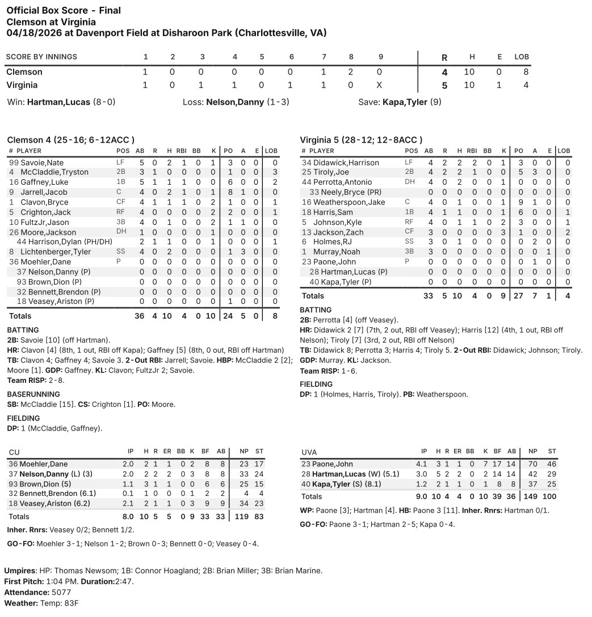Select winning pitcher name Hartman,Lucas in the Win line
coord(58,102)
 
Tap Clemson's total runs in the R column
coord(444,72)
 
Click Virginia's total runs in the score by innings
coord(444,85)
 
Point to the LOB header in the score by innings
coord(521,57)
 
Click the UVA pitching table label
coord(309,452)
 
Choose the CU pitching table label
coord(14,452)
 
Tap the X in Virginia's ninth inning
coord(379,85)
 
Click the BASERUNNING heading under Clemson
coord(33,394)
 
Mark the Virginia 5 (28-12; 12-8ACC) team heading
coord(360,140)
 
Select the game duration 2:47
coord(124,581)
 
